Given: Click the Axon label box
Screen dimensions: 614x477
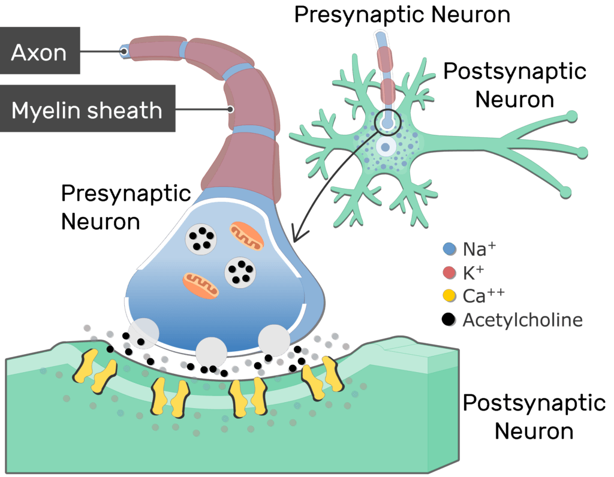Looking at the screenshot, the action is (40, 50).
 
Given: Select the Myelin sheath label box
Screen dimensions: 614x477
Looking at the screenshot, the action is (88, 108).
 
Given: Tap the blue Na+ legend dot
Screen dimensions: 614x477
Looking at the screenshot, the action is (450, 249).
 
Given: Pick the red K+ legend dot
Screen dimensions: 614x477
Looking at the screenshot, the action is (450, 273).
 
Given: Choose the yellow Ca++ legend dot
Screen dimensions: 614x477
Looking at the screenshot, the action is (450, 296).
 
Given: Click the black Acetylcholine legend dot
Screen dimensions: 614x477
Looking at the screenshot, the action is (449, 319).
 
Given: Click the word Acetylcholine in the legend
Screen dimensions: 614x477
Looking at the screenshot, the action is (523, 320).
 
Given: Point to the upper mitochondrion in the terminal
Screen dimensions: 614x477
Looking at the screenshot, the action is (246, 236).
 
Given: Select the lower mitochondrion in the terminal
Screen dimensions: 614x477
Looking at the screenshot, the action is (200, 285).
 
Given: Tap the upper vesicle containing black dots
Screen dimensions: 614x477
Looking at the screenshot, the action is (201, 240).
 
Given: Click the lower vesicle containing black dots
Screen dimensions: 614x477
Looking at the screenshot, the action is (240, 272).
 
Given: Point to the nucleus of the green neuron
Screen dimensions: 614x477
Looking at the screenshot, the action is (386, 147).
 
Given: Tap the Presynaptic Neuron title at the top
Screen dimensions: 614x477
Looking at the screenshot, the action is (402, 15).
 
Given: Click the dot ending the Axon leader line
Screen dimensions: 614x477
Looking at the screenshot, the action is (124, 52).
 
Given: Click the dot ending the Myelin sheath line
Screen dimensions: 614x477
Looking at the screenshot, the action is (231, 109).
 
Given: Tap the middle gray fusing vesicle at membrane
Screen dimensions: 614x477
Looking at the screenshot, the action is (212, 352).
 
